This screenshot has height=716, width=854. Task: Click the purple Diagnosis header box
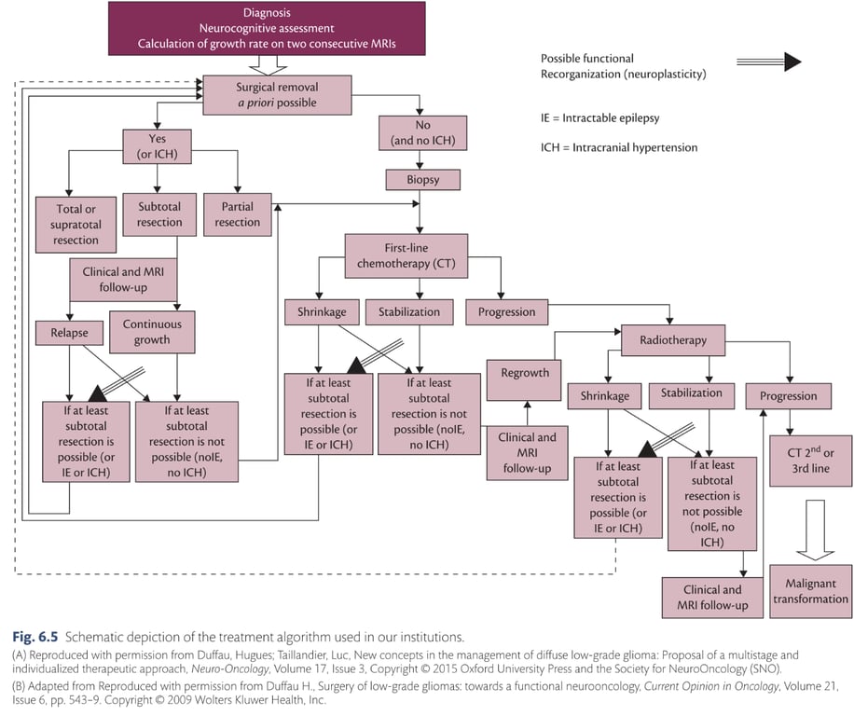coord(268,29)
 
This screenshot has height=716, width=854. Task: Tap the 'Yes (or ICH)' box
coord(158,145)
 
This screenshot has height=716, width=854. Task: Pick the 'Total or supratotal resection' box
coord(77,224)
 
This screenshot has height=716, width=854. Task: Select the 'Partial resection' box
coord(238,214)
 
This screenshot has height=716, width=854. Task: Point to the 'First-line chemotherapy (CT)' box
coord(420,255)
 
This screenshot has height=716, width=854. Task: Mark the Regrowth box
coord(525,372)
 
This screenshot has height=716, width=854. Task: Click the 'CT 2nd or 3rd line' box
coord(809,461)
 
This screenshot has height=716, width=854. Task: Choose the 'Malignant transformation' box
coord(810,591)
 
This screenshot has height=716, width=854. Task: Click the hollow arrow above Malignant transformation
coord(815,530)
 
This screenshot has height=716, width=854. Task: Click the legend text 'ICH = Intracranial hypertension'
coord(619,147)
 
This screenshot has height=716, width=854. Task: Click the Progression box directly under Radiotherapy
coord(788,395)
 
